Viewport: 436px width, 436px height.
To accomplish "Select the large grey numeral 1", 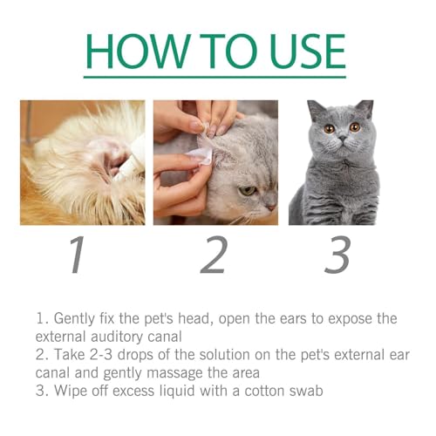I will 78,254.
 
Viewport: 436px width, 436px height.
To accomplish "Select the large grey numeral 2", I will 215,254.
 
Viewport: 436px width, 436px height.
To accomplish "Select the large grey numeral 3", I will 338,254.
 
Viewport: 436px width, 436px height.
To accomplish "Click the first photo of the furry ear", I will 83,162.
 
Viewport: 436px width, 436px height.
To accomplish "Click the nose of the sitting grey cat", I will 342,139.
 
